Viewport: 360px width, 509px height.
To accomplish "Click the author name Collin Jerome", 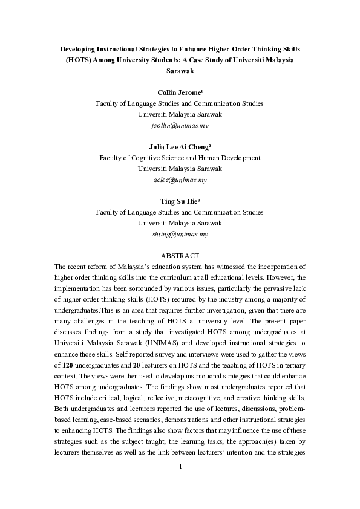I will coord(178,92).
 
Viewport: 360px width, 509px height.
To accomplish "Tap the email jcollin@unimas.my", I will coord(180,125).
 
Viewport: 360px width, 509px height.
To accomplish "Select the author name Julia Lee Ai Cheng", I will coord(179,147).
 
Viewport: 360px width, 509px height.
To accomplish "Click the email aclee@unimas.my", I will coord(180,180).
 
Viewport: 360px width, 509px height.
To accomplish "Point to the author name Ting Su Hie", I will coord(179,201).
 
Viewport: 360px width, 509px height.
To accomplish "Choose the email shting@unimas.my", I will coord(180,234).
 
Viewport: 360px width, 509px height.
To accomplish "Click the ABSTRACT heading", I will coord(180,256).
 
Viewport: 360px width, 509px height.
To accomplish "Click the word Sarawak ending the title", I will coord(180,71).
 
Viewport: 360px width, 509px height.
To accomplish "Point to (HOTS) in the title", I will coord(79,60).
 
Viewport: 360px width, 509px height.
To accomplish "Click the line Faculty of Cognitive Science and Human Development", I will coord(180,158).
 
